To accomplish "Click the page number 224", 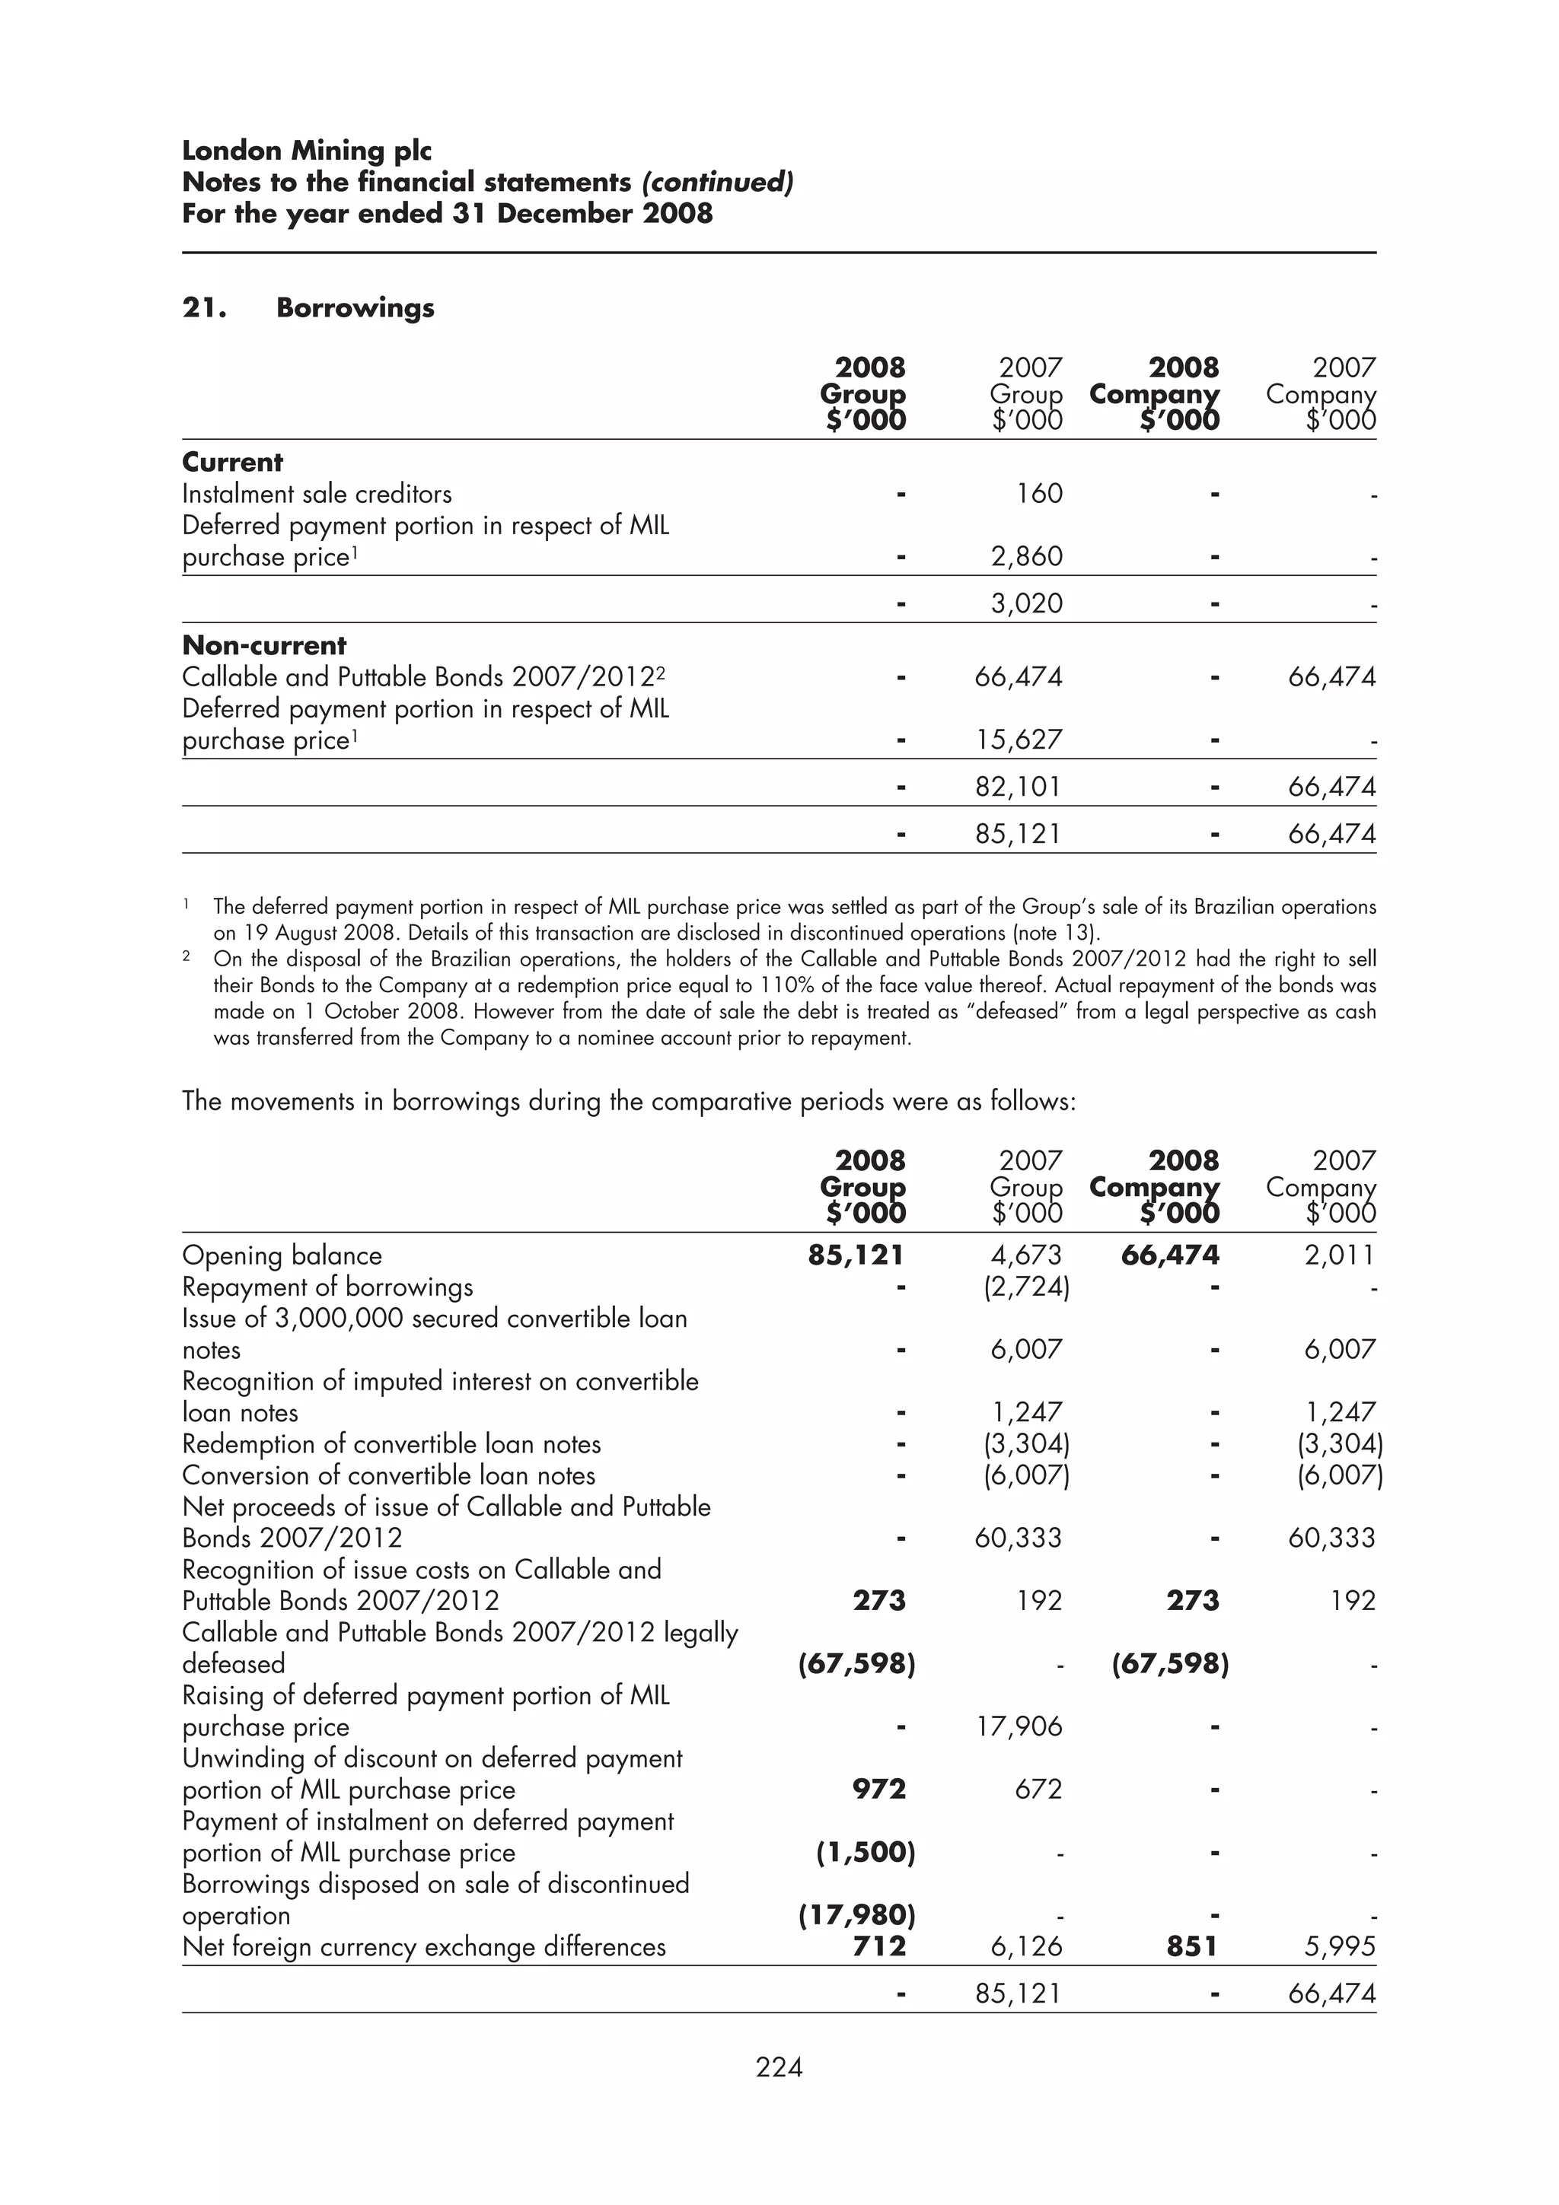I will point(779,2067).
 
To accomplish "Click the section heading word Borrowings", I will point(355,308).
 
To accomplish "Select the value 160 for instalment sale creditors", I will point(1039,494).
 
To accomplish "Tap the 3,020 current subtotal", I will point(1027,603).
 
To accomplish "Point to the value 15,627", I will point(1019,740).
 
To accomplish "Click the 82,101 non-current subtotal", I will point(1019,787).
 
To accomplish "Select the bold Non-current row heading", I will point(264,645).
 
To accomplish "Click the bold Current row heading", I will point(232,462).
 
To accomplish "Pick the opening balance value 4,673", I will point(1027,1255).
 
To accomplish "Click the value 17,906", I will point(1019,1726).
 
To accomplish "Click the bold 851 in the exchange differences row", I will point(1191,1946).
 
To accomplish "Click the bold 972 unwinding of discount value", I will point(879,1789).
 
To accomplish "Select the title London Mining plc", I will point(307,151).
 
